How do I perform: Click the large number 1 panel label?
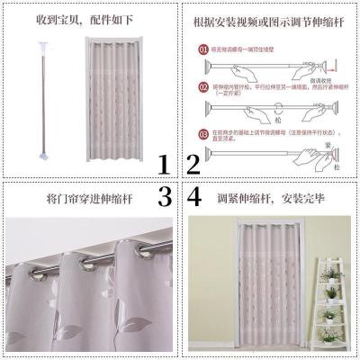163,165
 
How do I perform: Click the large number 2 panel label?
193,165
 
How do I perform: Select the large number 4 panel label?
195,196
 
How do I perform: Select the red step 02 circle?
204,86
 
